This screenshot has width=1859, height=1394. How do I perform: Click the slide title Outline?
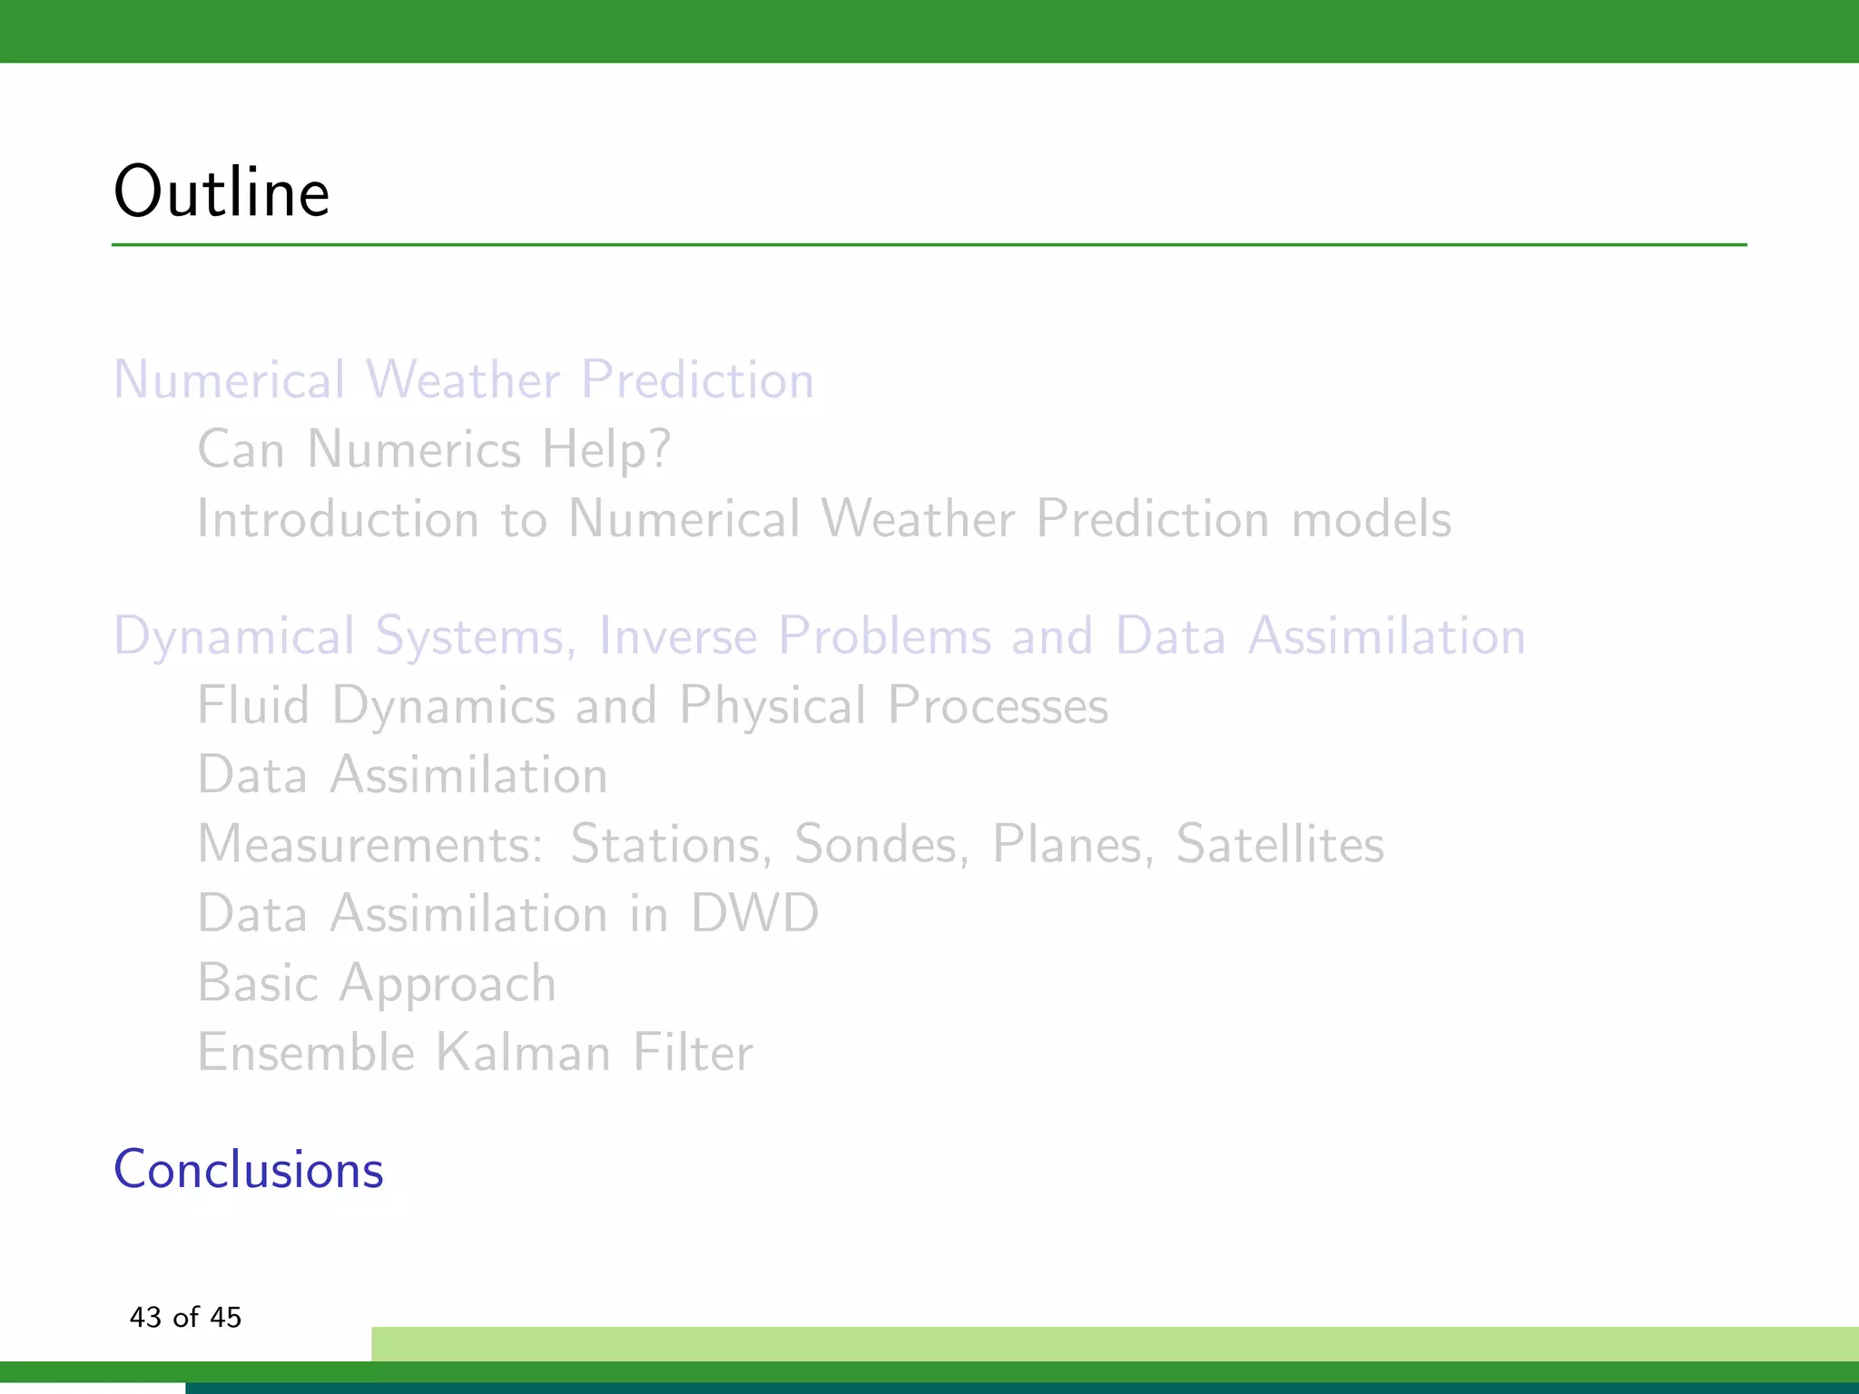(x=221, y=192)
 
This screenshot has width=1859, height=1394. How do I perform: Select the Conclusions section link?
(x=248, y=1169)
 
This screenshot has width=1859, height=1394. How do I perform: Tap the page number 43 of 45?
(x=185, y=1317)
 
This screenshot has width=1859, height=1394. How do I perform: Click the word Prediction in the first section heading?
(x=697, y=379)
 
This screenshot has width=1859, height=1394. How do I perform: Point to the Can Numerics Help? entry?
(x=434, y=449)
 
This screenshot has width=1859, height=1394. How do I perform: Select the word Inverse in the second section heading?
(x=677, y=635)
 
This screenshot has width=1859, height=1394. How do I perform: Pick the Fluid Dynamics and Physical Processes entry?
(x=653, y=705)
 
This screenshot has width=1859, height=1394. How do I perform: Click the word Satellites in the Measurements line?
(x=1280, y=844)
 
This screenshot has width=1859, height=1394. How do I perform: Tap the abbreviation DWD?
(x=754, y=913)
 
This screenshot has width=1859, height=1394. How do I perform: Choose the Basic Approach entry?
(x=377, y=983)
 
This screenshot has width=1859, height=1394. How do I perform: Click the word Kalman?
(x=523, y=1053)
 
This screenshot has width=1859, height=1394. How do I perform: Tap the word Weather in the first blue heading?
(x=463, y=379)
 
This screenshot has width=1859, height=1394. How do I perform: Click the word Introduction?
(x=338, y=519)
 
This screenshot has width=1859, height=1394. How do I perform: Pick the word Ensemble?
(x=306, y=1053)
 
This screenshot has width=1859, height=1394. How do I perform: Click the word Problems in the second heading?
(x=885, y=635)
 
